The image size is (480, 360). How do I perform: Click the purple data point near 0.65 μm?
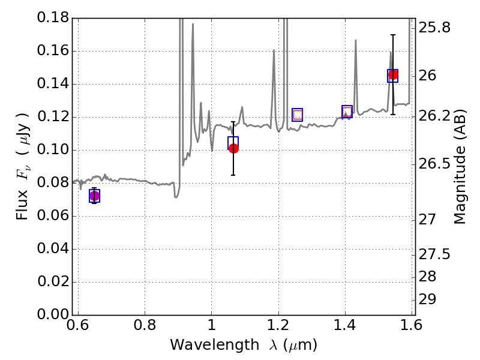point(94,196)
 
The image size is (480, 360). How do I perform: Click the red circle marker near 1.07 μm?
point(233,148)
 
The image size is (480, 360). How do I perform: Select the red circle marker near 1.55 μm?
point(393,75)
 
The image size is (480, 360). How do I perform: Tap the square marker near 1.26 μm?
point(298,115)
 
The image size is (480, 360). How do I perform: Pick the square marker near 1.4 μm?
point(347,112)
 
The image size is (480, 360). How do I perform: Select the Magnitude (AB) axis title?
point(460,166)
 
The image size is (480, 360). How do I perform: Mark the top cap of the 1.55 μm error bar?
point(393,35)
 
